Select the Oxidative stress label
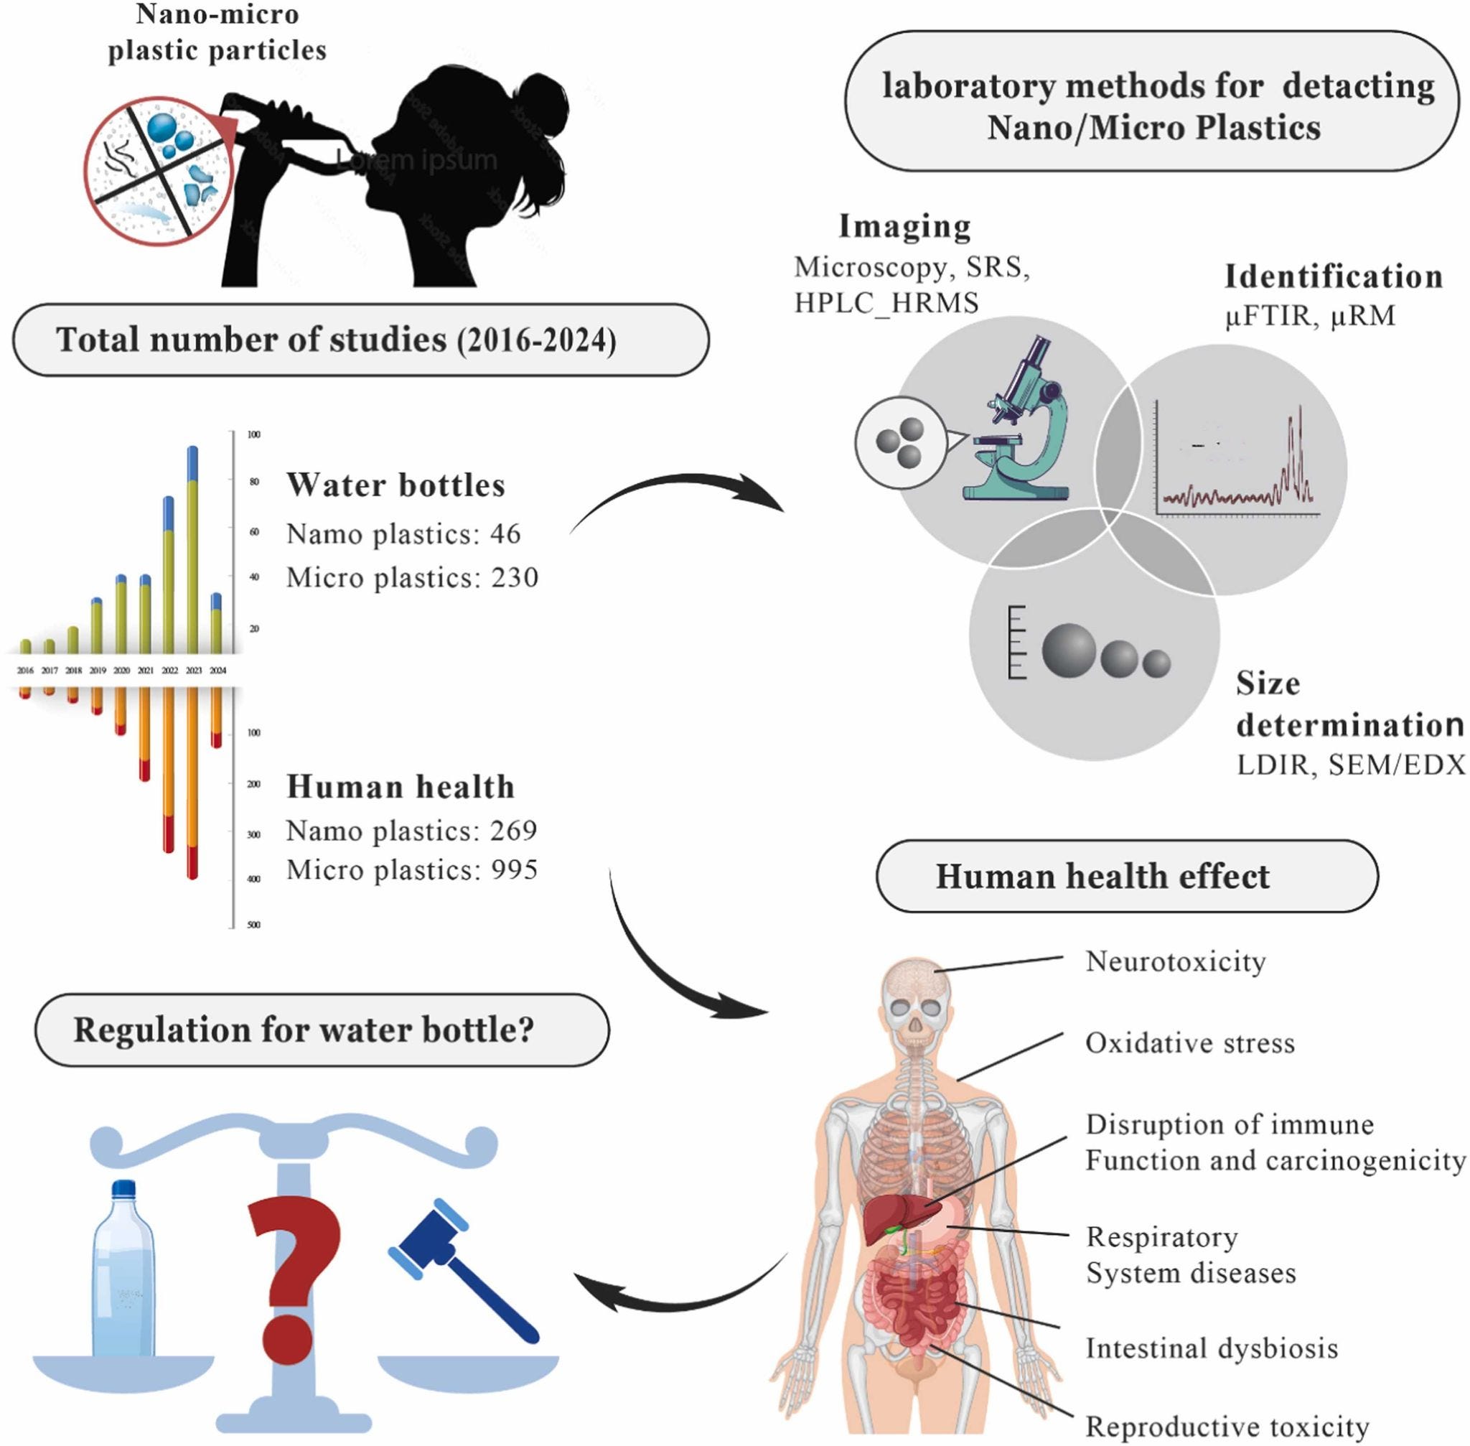pos(1190,1042)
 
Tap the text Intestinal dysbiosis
pos(1211,1348)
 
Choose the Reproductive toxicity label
pos(1227,1426)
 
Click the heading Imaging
pos(904,225)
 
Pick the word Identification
pos(1334,276)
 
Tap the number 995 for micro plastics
pos(513,869)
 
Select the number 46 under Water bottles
pos(505,534)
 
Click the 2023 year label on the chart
pos(194,671)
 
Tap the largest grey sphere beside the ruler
pos(1068,650)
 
